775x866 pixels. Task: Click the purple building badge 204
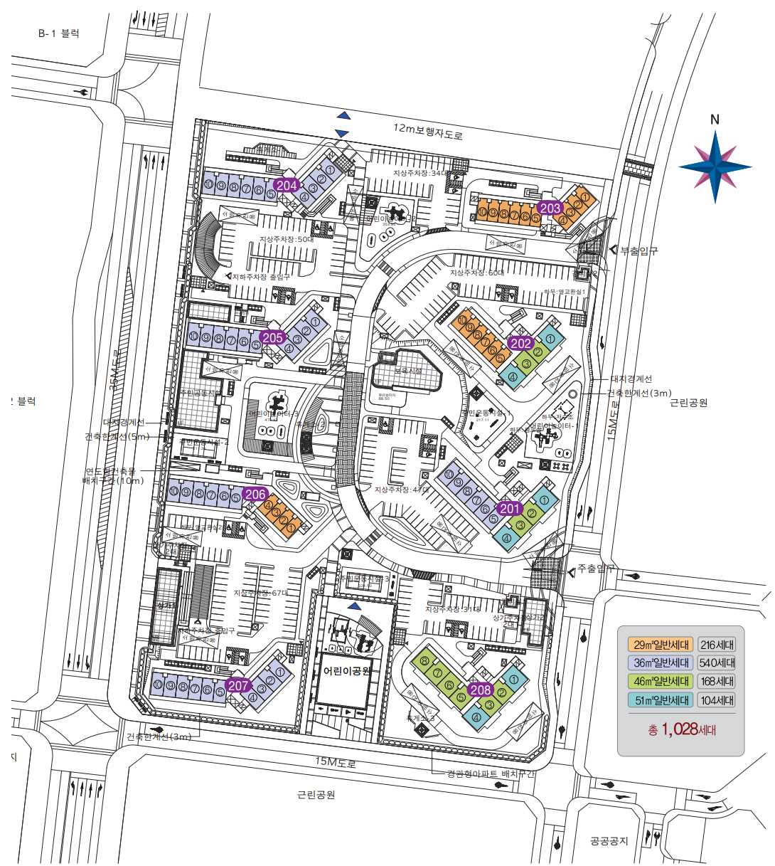tap(287, 185)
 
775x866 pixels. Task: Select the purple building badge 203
tap(550, 208)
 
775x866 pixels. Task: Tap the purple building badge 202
tap(521, 343)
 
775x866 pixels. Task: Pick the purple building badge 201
tap(510, 508)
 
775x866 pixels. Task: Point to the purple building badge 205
tap(273, 337)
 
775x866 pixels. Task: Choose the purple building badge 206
tap(255, 494)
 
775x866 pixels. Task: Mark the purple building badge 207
tap(238, 685)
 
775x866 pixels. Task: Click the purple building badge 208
tap(481, 689)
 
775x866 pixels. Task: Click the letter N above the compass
tap(715, 120)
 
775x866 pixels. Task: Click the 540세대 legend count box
tap(717, 663)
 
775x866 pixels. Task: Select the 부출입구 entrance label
tap(639, 250)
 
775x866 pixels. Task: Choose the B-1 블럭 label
tap(59, 33)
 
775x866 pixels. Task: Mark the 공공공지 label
tap(609, 840)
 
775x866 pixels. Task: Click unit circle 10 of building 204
tap(209, 184)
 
